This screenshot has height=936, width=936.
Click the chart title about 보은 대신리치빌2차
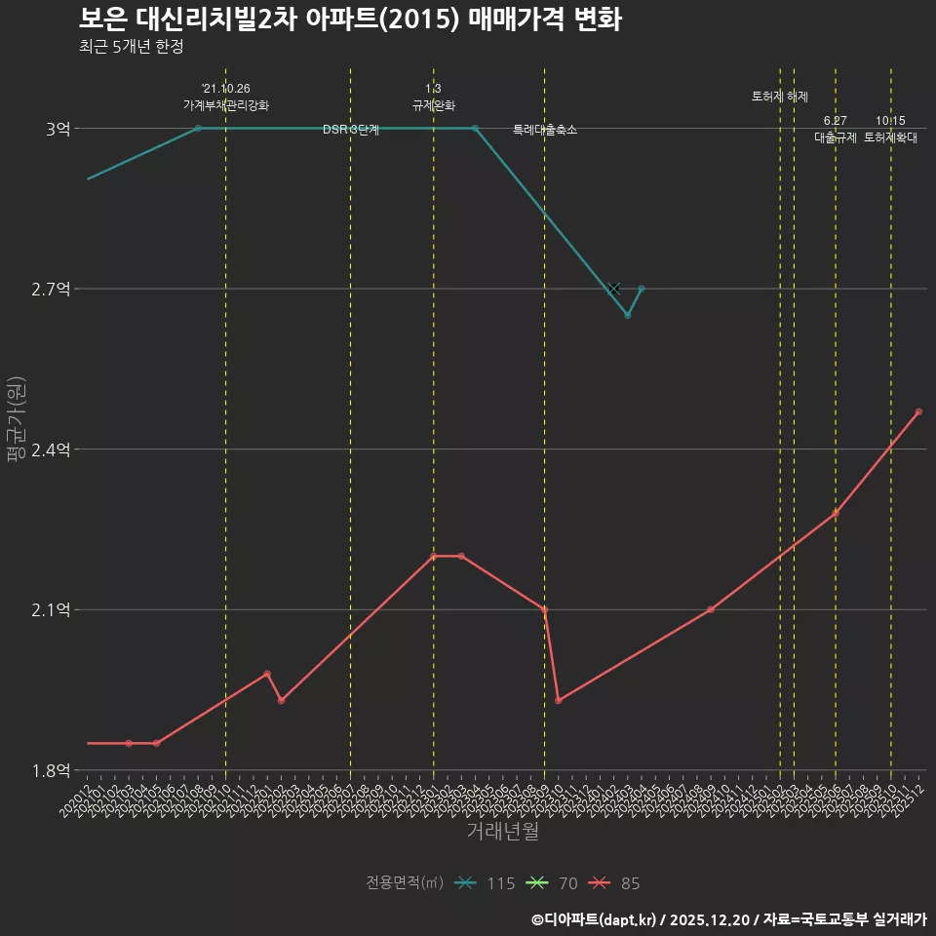(x=349, y=19)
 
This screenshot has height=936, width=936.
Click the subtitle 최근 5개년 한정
(x=131, y=47)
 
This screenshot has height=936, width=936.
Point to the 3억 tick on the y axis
(x=58, y=129)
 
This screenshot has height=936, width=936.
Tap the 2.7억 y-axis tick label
(x=51, y=289)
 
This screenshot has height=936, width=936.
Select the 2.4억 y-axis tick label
(x=51, y=449)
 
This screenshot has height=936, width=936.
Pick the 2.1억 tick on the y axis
(x=51, y=610)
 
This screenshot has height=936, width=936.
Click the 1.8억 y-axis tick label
(x=51, y=770)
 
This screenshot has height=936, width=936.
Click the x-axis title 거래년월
(x=502, y=832)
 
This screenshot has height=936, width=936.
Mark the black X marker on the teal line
(x=613, y=289)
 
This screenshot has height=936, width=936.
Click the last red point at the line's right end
(x=918, y=411)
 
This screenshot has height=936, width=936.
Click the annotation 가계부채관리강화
(x=226, y=105)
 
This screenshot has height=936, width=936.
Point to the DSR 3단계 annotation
(x=351, y=130)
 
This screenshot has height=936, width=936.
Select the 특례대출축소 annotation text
(x=545, y=130)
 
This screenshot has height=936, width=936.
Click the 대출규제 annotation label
(x=836, y=137)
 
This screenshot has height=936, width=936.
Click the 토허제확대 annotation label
(x=891, y=137)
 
